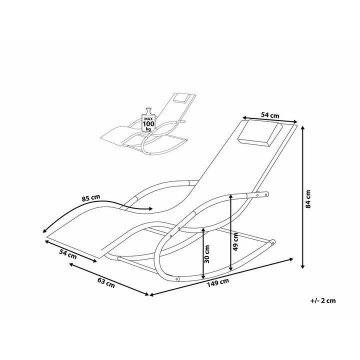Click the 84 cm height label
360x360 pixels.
(x=308, y=199)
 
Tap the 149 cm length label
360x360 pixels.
(x=218, y=282)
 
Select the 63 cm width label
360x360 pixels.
(x=106, y=282)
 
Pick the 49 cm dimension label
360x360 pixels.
(x=235, y=241)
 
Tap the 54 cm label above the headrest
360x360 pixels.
(x=270, y=115)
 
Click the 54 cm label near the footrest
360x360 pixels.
(x=68, y=254)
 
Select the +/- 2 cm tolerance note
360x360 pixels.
(x=323, y=300)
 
